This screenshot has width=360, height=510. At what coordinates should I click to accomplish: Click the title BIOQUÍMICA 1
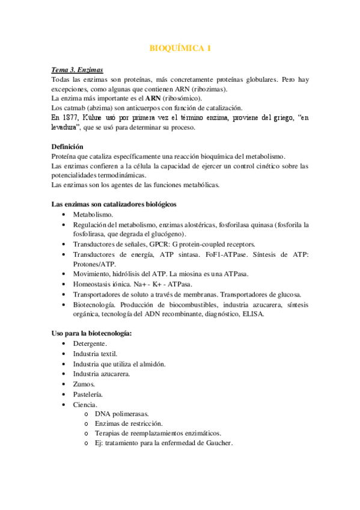pyautogui.click(x=180, y=49)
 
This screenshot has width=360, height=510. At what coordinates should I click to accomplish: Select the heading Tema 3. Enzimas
pyautogui.click(x=76, y=70)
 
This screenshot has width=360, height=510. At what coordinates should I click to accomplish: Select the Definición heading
pyautogui.click(x=67, y=146)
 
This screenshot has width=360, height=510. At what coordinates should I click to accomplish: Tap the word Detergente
pyautogui.click(x=90, y=343)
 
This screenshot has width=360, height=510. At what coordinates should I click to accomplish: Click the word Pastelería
pyautogui.click(x=88, y=394)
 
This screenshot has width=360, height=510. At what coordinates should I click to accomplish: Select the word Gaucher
pyautogui.click(x=215, y=443)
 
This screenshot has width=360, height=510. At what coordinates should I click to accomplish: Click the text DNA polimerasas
pyautogui.click(x=121, y=414)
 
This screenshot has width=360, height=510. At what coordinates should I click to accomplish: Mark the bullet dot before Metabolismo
pyautogui.click(x=64, y=215)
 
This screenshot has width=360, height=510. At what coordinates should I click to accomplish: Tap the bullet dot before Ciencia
pyautogui.click(x=64, y=404)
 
